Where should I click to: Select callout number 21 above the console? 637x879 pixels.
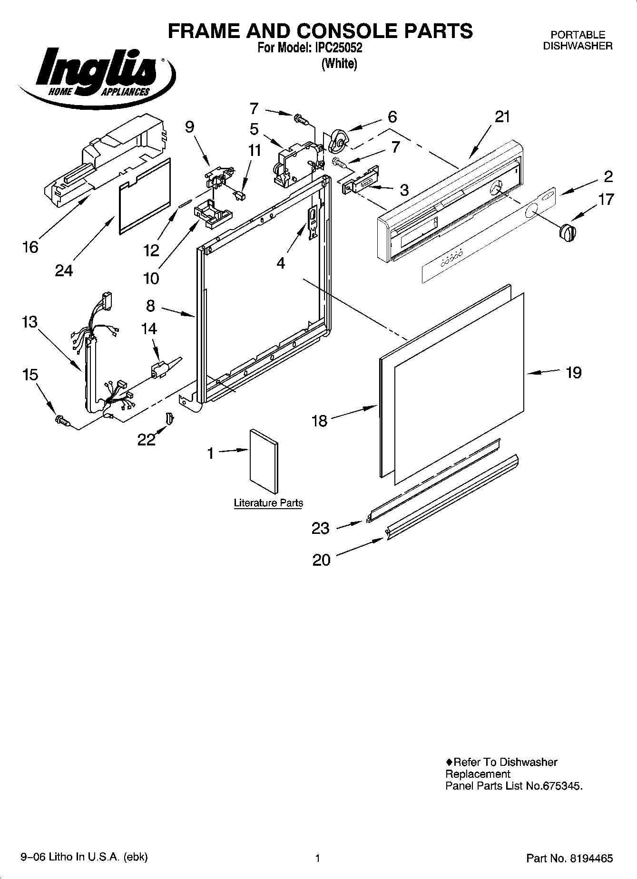point(502,116)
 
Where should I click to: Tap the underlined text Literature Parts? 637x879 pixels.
point(268,503)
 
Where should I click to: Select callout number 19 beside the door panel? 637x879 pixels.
point(574,372)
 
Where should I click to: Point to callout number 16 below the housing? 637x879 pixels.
point(30,247)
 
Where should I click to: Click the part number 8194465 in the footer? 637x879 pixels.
point(589,859)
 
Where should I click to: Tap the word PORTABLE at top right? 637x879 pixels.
point(578,35)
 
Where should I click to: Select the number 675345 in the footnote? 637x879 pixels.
point(561,786)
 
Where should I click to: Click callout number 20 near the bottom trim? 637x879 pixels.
point(321,560)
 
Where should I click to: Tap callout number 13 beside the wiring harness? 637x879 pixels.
point(29,322)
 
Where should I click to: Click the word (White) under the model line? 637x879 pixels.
point(339,63)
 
